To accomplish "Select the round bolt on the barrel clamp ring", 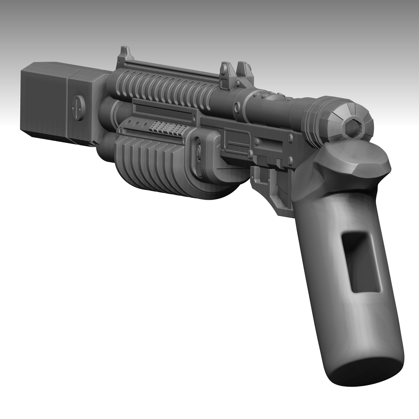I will pyautogui.click(x=237, y=104).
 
